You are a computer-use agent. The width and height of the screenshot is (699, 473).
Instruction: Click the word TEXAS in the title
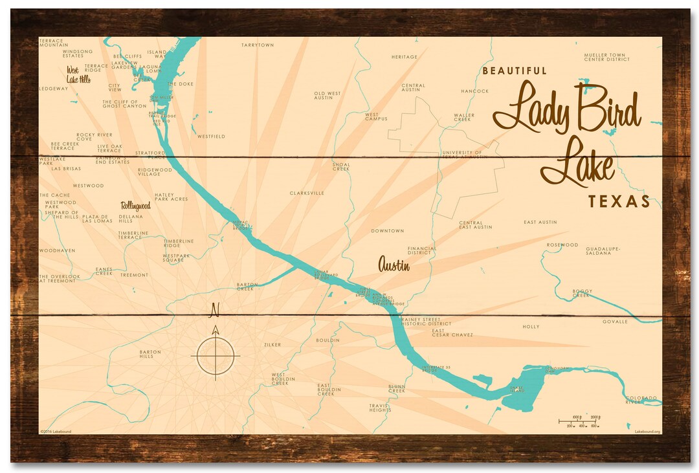coord(619,201)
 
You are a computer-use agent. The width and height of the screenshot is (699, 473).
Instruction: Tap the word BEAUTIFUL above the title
coord(515,71)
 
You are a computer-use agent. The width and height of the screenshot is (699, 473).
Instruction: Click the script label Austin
coord(394,264)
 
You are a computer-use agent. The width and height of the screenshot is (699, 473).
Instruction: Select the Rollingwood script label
coord(135,206)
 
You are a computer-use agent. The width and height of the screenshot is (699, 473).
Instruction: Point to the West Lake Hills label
coord(78,74)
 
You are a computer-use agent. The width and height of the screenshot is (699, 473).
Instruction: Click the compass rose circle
coord(216,355)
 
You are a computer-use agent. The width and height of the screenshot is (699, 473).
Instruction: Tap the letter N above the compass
coord(215,311)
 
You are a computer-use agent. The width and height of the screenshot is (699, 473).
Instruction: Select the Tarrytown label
coord(258,45)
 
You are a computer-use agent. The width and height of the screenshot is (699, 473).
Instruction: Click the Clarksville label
coord(307,193)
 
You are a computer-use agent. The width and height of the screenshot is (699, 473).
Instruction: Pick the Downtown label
coord(387,231)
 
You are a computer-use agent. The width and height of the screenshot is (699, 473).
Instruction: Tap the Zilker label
coord(272,345)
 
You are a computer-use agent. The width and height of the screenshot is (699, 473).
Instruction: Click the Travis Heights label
coord(380,408)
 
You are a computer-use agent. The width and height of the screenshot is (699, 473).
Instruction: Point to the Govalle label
coord(615,321)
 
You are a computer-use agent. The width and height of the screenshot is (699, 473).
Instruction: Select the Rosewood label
coord(562,245)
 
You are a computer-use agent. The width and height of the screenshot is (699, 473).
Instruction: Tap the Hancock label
coord(474,91)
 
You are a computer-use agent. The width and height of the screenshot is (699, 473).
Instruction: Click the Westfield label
coord(211,137)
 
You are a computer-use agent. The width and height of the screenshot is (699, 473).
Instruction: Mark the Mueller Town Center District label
coord(606,57)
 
